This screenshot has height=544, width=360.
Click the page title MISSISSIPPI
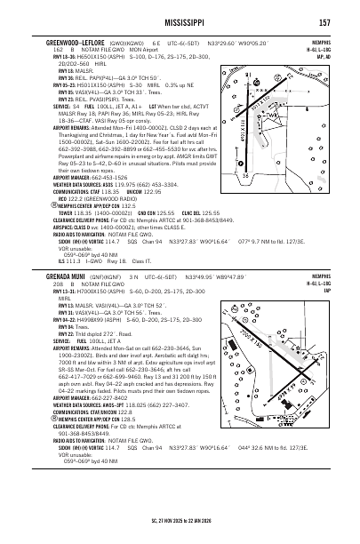pyautogui.click(x=180, y=20)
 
